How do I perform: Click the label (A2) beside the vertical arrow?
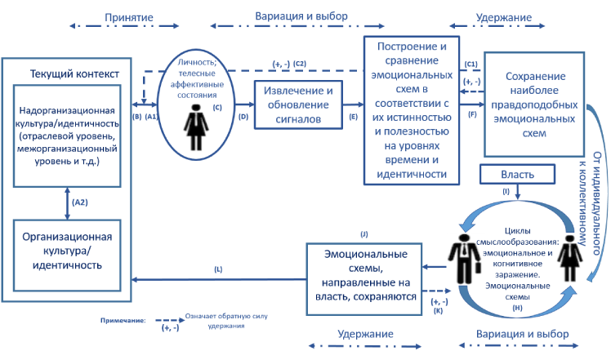click(79, 202)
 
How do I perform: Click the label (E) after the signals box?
click(353, 117)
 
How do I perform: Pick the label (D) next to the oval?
click(243, 117)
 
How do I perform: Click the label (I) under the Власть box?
click(506, 191)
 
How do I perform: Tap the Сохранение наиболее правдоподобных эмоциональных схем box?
click(536, 104)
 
